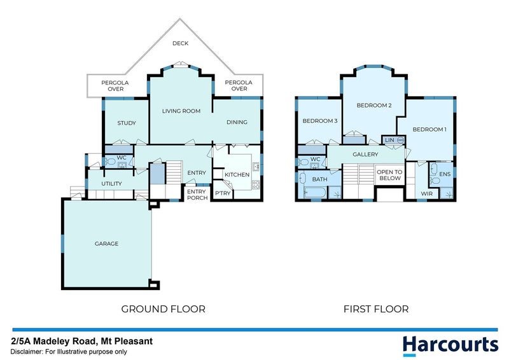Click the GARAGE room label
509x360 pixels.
point(106,244)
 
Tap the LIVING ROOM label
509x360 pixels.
point(181,111)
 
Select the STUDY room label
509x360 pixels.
point(126,123)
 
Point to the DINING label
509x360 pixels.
point(237,123)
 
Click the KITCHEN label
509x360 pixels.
point(236,174)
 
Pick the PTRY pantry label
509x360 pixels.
point(222,193)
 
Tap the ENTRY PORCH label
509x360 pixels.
point(197,194)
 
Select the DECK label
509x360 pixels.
point(181,44)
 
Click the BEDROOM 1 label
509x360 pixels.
point(429,130)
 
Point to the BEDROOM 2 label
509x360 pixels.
point(373,106)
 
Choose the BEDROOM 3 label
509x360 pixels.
point(319,121)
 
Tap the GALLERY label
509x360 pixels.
point(365,155)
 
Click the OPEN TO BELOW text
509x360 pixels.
point(389,175)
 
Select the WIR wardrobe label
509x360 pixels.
point(426,193)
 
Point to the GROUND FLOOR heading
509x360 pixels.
point(163,309)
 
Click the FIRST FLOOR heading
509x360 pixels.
point(375,309)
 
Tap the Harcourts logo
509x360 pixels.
point(450,344)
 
